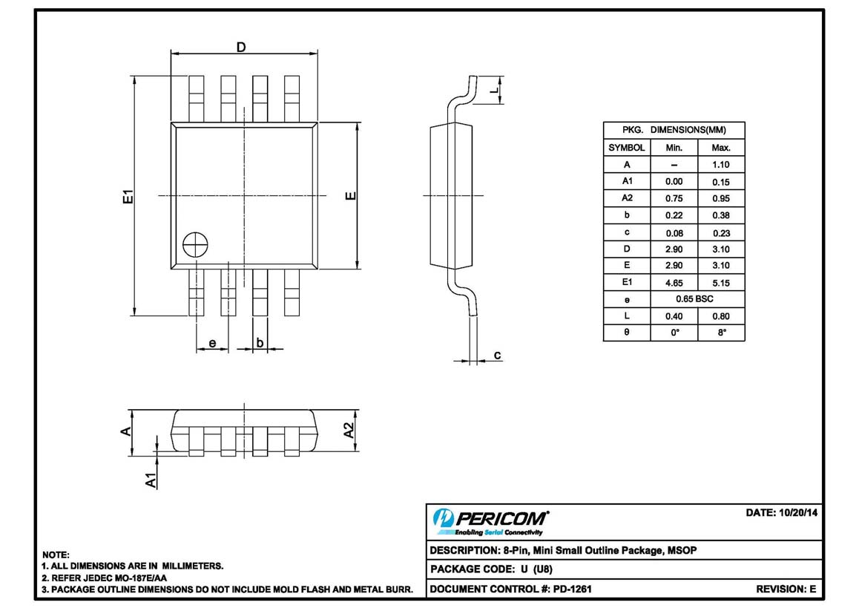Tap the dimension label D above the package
pos(241,48)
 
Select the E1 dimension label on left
pos(128,197)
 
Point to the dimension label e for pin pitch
pos(212,343)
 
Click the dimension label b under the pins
pos(260,342)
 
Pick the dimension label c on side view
pos(498,356)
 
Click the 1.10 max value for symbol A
pos(720,165)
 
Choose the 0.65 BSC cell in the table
pos(696,298)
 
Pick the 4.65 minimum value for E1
pos(674,282)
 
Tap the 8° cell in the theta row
pos(720,333)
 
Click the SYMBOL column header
pos(626,148)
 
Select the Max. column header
pos(720,148)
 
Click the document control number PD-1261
pos(572,589)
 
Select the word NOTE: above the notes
pos(56,555)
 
